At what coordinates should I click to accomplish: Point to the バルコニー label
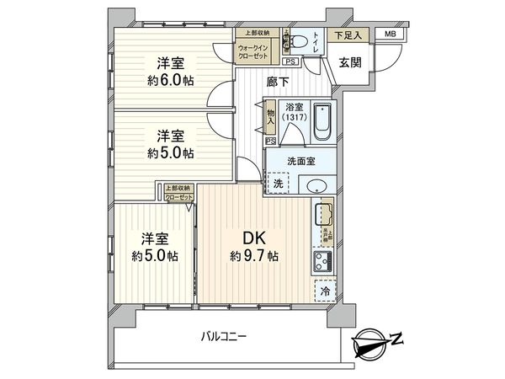click(223, 337)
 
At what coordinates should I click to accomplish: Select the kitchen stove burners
click(322, 261)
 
